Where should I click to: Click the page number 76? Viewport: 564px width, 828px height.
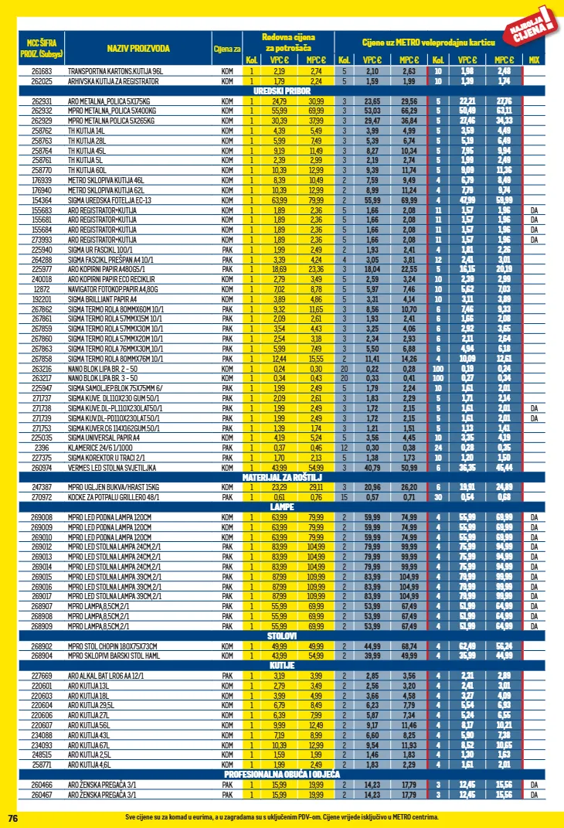(x=12, y=818)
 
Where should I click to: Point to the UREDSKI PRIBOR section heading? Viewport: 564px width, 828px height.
(x=281, y=90)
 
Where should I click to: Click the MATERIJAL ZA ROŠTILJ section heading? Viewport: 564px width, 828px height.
(x=281, y=478)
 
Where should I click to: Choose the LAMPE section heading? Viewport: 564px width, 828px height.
(x=281, y=507)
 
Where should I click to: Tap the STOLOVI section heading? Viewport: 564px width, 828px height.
(x=281, y=636)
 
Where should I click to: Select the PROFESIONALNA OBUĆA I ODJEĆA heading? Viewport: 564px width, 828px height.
(x=281, y=774)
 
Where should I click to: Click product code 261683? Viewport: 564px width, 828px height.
(x=42, y=71)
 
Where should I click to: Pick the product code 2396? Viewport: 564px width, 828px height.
(x=42, y=448)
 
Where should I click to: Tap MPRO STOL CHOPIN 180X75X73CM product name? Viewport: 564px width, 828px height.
(x=111, y=646)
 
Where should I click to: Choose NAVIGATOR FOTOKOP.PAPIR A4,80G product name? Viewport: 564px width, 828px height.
(x=113, y=288)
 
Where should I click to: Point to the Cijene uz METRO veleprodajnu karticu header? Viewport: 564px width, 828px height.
(x=428, y=41)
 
